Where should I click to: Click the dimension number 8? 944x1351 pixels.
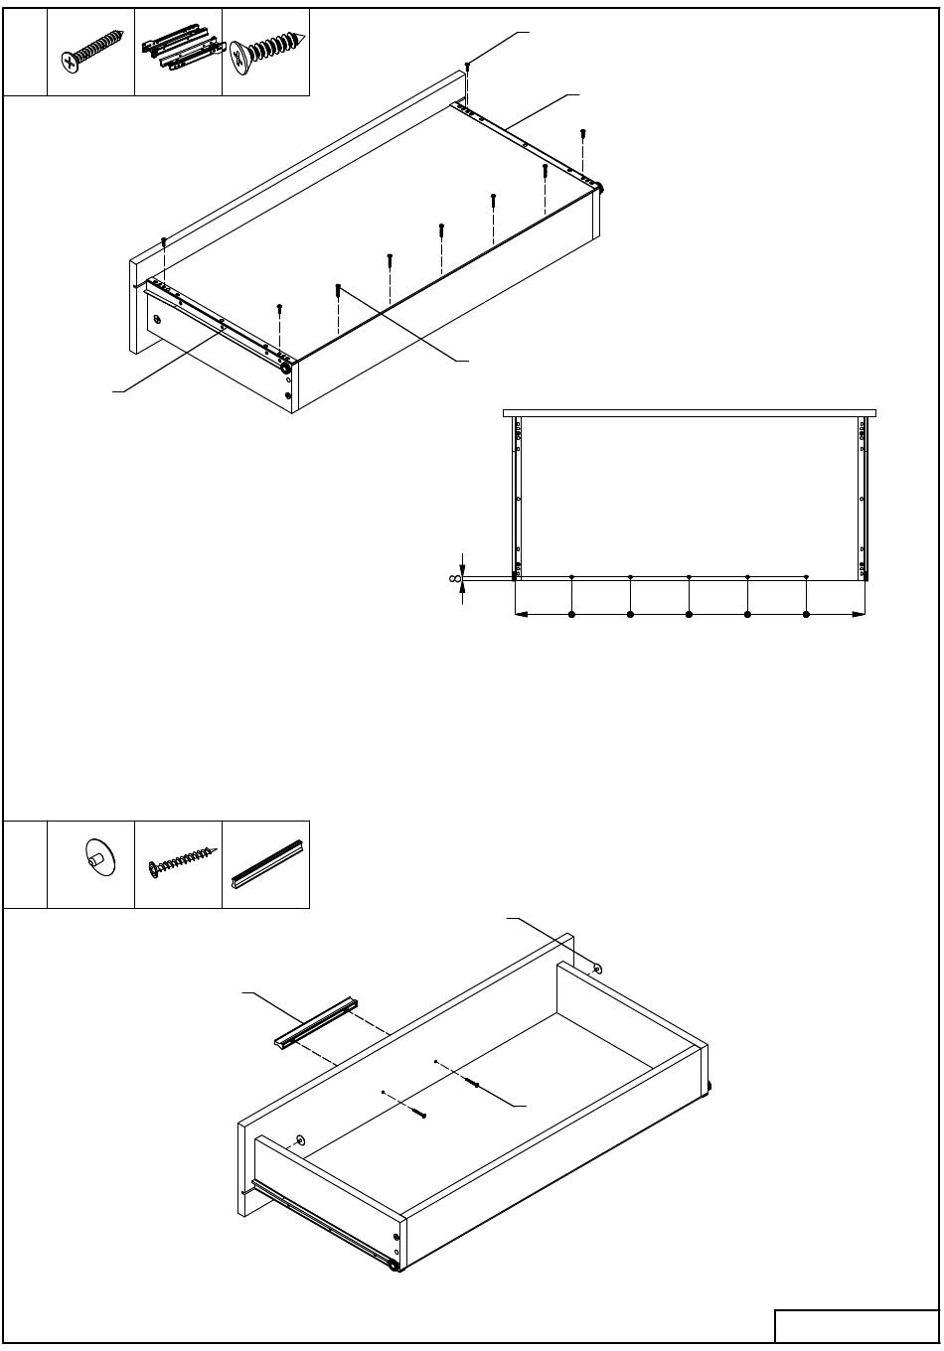click(455, 578)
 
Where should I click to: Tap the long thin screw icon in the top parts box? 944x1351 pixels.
click(91, 52)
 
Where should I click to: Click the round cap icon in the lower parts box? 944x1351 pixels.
click(100, 857)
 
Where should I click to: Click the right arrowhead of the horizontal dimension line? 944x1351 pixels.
click(859, 615)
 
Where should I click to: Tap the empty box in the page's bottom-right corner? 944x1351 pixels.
click(856, 1326)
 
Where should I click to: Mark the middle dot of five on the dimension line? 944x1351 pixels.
click(689, 615)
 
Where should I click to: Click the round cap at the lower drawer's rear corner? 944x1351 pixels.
click(597, 970)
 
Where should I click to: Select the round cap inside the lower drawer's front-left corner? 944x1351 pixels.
click(300, 1138)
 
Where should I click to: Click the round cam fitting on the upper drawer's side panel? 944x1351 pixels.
click(157, 318)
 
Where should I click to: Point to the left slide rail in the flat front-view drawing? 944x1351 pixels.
click(517, 499)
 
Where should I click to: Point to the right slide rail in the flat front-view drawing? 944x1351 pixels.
click(864, 499)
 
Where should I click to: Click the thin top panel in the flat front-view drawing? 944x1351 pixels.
click(690, 413)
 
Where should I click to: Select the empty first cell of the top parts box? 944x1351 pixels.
click(25, 52)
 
